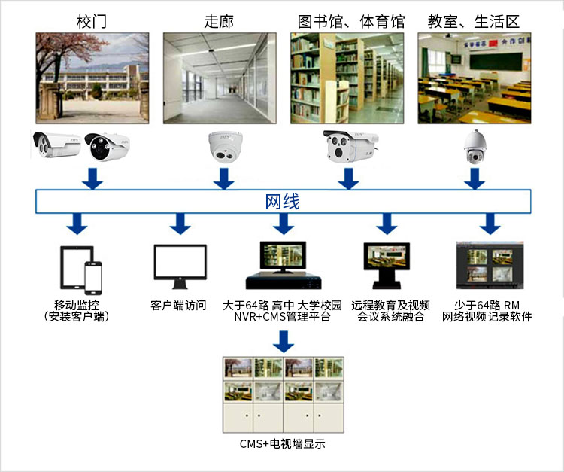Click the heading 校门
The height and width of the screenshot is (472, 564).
92,21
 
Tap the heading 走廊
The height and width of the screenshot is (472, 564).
219,21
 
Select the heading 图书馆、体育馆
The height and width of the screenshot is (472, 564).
351,21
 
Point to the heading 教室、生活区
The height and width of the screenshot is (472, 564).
474,21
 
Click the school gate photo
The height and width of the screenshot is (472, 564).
92,78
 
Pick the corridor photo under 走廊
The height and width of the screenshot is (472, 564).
220,78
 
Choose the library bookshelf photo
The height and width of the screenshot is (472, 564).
347,78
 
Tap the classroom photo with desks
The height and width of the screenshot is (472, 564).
475,78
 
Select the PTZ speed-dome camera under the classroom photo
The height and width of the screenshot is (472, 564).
475,146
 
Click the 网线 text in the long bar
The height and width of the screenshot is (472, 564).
283,202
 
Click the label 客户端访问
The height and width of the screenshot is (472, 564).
178,306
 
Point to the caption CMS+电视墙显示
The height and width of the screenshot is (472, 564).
282,444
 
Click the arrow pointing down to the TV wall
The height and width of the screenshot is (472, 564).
283,340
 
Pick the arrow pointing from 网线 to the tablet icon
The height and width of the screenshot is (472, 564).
76,223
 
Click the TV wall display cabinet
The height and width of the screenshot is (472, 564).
282,394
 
